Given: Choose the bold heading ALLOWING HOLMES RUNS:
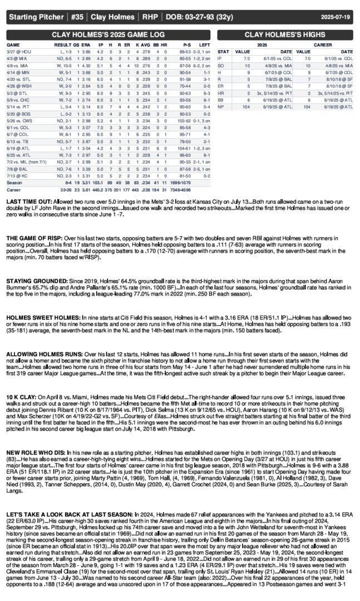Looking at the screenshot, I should click(46, 354).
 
